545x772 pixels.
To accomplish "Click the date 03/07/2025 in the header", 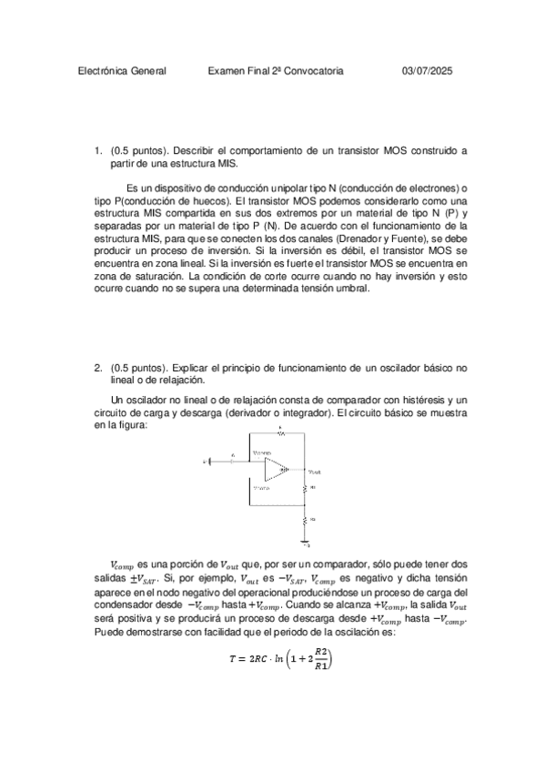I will click(x=428, y=71).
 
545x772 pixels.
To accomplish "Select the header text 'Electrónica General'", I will click(x=123, y=71).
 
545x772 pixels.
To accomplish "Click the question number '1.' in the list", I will click(x=98, y=150).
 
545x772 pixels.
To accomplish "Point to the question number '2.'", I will click(x=98, y=368).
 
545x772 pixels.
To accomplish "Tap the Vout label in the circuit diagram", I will click(x=315, y=472).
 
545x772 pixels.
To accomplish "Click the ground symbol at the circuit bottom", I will click(x=305, y=543).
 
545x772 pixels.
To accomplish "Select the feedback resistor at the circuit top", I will click(x=279, y=434).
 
